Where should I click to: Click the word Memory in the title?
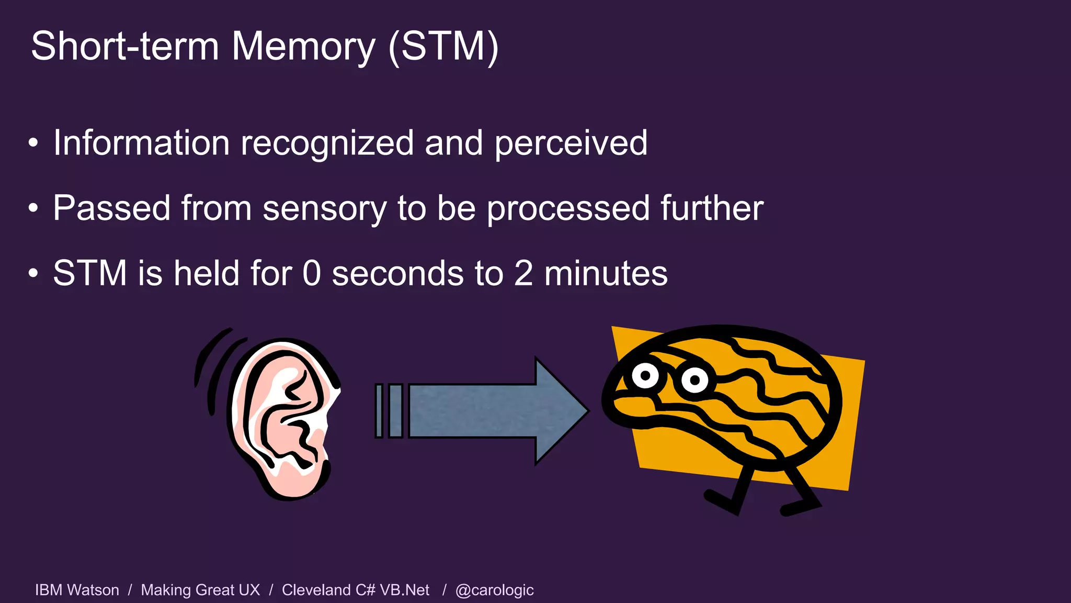click(303, 47)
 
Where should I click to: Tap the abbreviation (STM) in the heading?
click(443, 47)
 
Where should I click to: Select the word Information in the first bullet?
click(141, 143)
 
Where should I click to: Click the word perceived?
click(571, 144)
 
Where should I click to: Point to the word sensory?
click(324, 209)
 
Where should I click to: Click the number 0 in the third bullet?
click(312, 273)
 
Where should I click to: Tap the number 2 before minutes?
click(523, 273)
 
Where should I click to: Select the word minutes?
click(606, 273)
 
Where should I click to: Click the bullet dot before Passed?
click(33, 208)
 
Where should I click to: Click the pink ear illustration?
click(282, 419)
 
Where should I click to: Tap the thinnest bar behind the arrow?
click(379, 411)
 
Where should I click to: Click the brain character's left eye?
click(645, 375)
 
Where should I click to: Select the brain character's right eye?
click(695, 380)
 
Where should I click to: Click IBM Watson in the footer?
click(77, 590)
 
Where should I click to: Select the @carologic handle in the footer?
click(494, 590)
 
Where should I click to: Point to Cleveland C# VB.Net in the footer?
click(356, 590)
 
